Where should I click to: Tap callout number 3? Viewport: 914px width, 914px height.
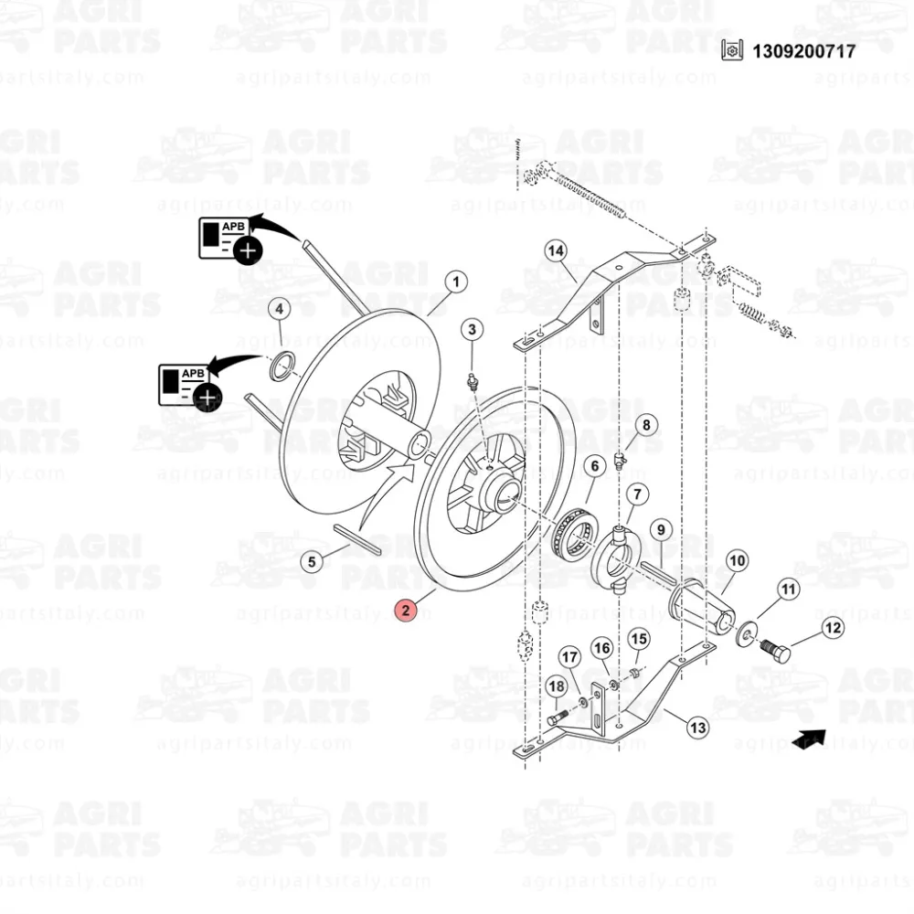(x=472, y=329)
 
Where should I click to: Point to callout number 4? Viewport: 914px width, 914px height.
(x=280, y=309)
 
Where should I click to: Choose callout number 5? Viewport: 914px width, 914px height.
(x=314, y=561)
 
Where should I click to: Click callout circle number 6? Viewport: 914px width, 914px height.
(x=594, y=467)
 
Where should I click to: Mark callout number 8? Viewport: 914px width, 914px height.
(x=645, y=424)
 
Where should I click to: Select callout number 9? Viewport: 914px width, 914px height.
(x=661, y=528)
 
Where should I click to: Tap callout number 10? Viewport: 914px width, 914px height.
(x=737, y=560)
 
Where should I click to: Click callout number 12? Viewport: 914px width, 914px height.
(x=833, y=628)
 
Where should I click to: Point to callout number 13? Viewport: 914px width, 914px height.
(x=697, y=728)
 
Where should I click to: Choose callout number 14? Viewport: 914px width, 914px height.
(x=556, y=250)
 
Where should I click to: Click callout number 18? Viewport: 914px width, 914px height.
(x=556, y=686)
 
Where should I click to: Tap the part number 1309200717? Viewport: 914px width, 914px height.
(x=803, y=51)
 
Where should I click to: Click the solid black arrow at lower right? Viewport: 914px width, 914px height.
(x=808, y=739)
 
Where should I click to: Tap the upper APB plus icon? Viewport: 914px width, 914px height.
(x=247, y=250)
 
